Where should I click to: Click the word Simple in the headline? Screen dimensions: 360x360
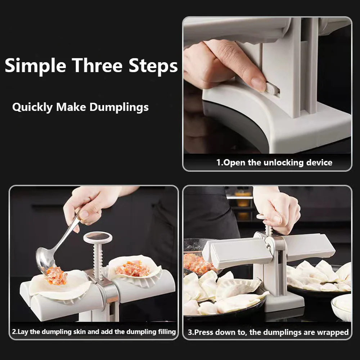pos(35,66)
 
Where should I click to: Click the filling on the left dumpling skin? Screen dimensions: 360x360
pos(57,276)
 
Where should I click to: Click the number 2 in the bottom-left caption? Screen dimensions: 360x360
pos(14,332)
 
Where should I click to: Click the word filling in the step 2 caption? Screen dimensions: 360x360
pos(165,332)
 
